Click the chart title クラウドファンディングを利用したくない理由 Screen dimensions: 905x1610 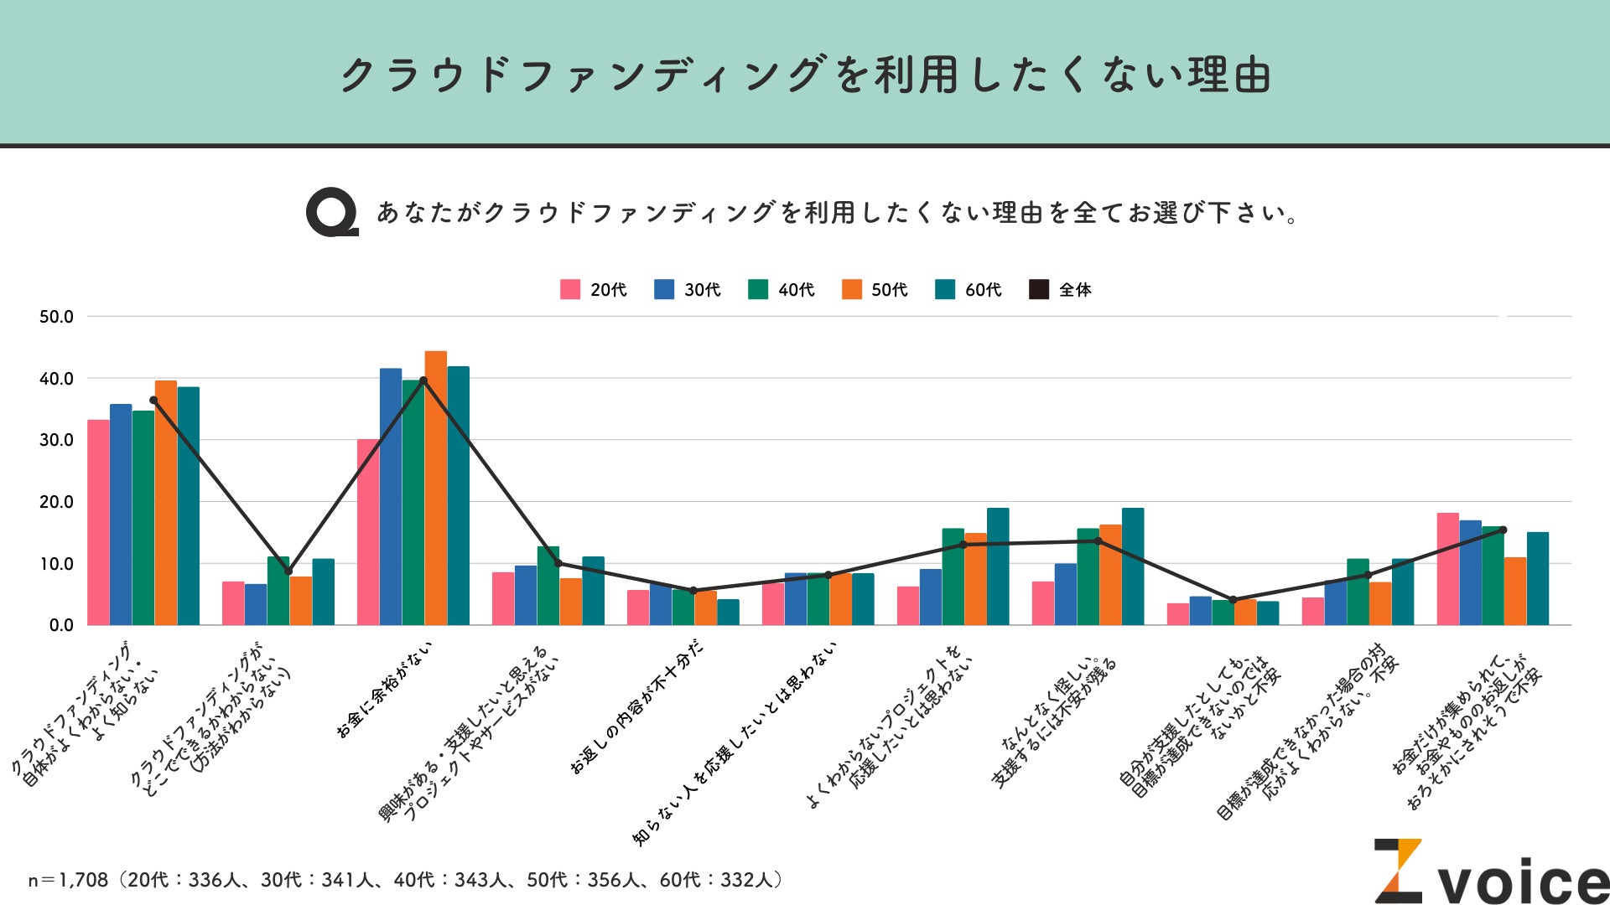pyautogui.click(x=805, y=75)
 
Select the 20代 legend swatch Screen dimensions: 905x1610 pyautogui.click(x=570, y=290)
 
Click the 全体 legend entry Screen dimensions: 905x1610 pyautogui.click(x=1060, y=290)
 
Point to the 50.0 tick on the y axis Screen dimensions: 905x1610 pyautogui.click(x=56, y=317)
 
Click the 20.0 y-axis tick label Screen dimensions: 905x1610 pyautogui.click(x=56, y=502)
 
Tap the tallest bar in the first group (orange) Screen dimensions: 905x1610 pyautogui.click(x=166, y=503)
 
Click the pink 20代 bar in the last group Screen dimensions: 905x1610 pyautogui.click(x=1448, y=569)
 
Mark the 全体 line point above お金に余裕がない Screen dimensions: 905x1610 pyautogui.click(x=423, y=380)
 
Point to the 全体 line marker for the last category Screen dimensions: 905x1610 pyautogui.click(x=1503, y=530)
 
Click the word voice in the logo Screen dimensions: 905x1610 pyautogui.click(x=1522, y=882)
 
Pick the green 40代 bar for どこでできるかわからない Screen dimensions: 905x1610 pyautogui.click(x=278, y=591)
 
